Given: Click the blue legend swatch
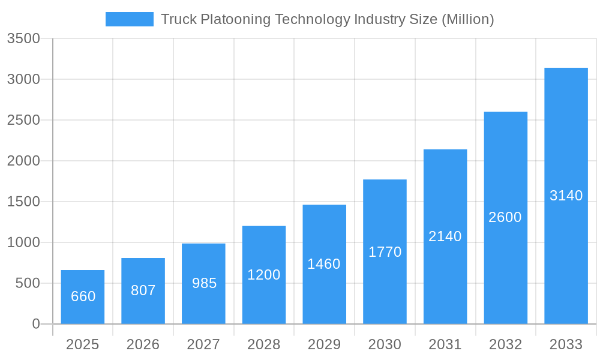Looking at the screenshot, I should pos(129,19).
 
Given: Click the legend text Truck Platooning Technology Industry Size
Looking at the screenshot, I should pos(327,19).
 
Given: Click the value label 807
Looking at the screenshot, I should pos(143,290).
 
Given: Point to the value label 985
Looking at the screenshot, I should pos(204,283).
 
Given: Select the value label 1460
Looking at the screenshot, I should pos(324,264).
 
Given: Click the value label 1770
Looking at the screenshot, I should pos(385,252).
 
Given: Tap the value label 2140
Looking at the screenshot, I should pos(445,236).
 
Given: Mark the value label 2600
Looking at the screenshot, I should pos(505,217).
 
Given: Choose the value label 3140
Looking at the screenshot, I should pos(566,196).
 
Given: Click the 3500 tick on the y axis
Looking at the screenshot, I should pos(23,39).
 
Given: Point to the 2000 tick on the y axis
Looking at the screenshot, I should pos(23,161).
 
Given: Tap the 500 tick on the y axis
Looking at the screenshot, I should pos(28,283).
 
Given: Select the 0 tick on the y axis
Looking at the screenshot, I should pos(36,324).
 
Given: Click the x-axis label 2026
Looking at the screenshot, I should pos(143,344).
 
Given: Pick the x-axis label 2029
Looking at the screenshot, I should pos(324,344).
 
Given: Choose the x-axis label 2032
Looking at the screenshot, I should pos(505,344).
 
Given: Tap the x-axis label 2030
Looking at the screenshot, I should pos(385,344).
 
